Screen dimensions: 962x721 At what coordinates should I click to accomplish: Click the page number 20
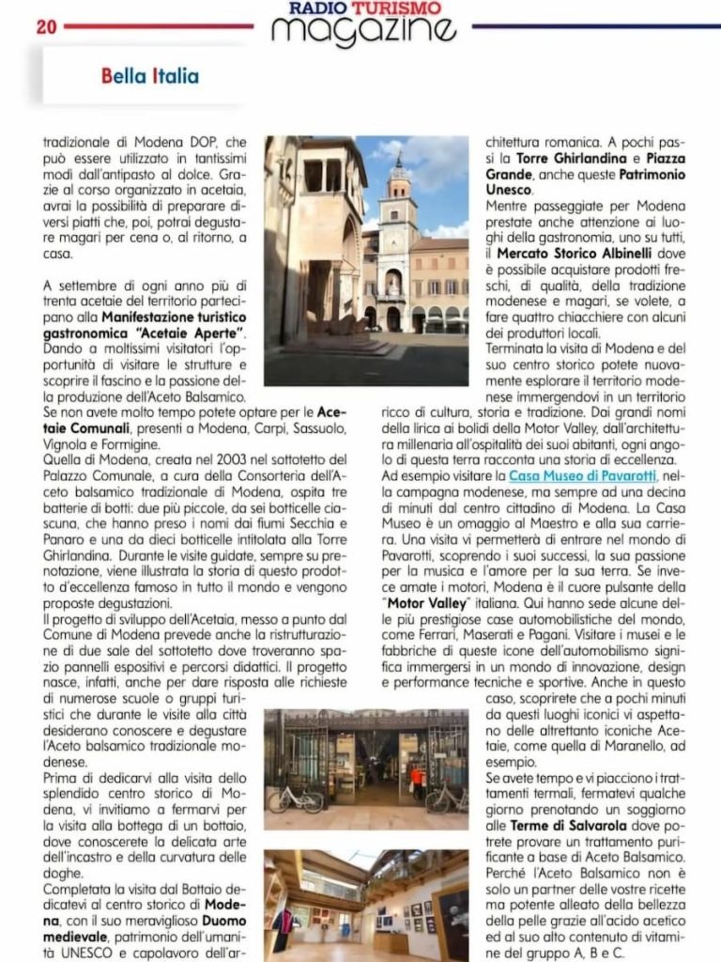click(x=46, y=26)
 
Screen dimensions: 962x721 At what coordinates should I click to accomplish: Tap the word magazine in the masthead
click(x=363, y=31)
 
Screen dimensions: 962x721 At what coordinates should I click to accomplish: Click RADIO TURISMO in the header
click(x=365, y=8)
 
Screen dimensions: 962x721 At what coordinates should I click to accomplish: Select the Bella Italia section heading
click(x=149, y=75)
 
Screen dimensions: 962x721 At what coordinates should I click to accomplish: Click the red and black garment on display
click(x=282, y=925)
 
